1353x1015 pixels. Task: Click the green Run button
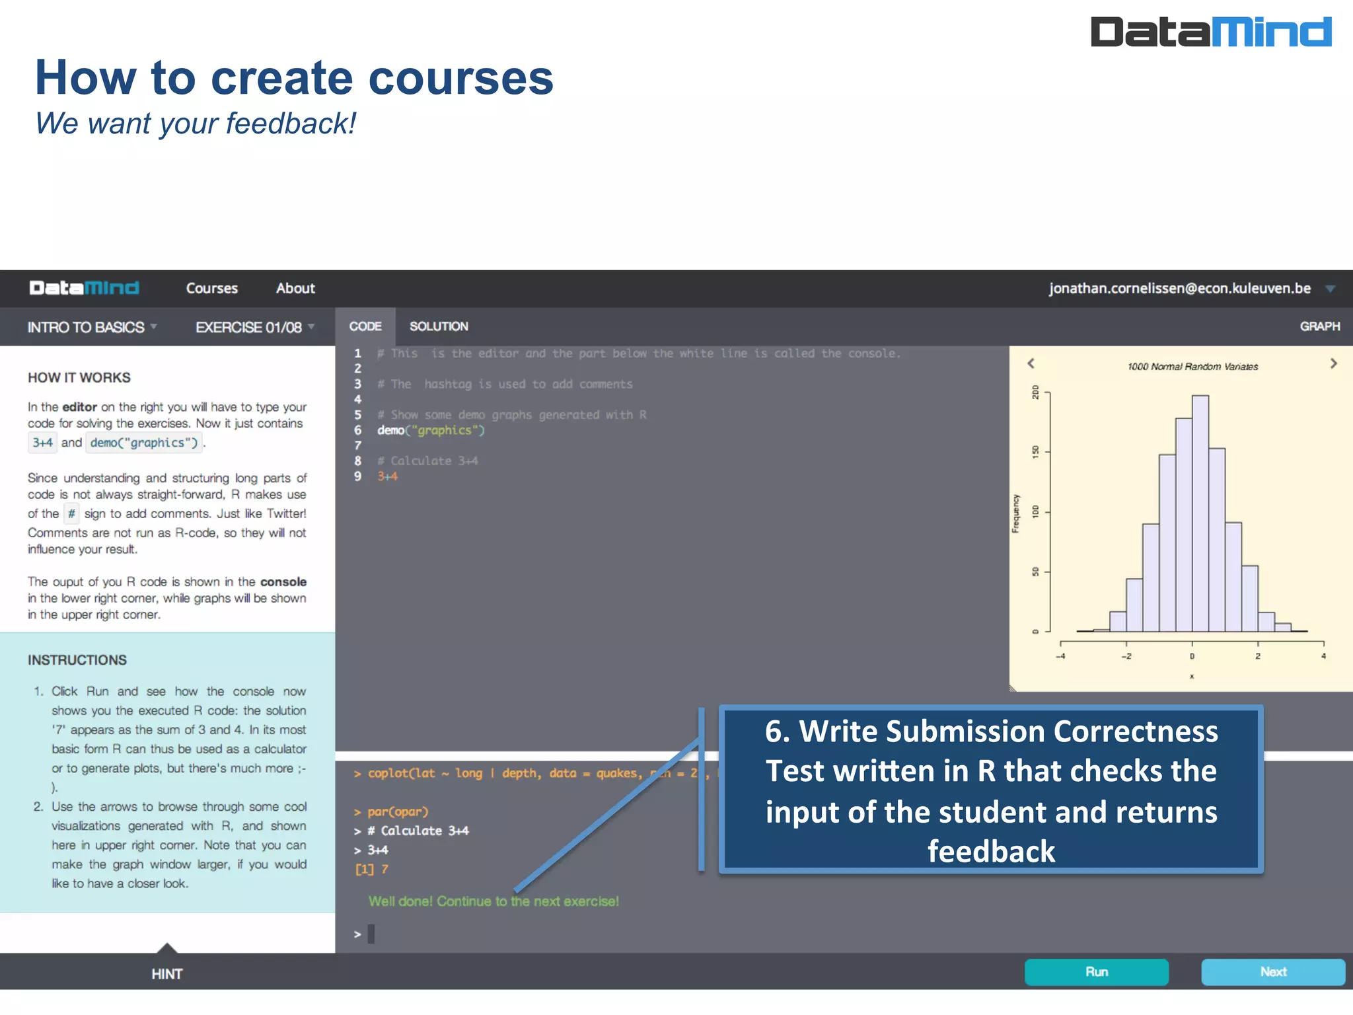pos(1096,971)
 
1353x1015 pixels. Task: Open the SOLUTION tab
pos(439,326)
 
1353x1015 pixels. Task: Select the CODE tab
pos(365,326)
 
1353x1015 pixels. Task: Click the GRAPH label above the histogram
pos(1319,326)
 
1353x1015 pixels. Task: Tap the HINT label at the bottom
pos(166,973)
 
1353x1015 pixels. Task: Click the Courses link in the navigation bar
pos(211,288)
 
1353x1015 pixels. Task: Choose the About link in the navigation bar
pos(295,288)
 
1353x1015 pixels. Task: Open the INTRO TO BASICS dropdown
pos(92,327)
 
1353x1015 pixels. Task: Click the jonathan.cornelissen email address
pos(1179,288)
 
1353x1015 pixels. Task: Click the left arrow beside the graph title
pos(1031,363)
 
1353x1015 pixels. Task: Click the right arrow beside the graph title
pos(1333,363)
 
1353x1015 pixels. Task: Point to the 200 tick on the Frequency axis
pos(1035,393)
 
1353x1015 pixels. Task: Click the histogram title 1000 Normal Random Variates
pos(1192,367)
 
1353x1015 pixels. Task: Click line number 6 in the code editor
pos(357,430)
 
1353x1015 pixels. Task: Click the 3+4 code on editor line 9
pos(387,476)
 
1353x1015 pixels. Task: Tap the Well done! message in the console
pos(494,901)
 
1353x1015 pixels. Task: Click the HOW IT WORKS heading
pos(79,377)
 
